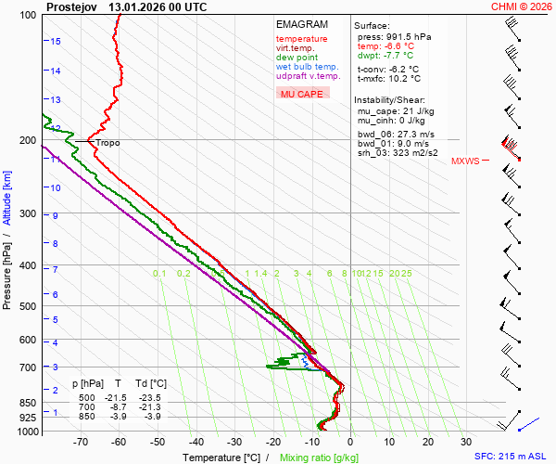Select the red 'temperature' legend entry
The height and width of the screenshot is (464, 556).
point(301,39)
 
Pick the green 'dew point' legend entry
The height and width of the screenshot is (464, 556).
point(297,58)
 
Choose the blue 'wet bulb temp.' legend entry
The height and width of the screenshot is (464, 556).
point(307,67)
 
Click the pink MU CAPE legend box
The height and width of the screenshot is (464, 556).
point(302,94)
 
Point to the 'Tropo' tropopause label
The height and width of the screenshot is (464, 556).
point(107,143)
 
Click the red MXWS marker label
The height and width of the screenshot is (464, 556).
point(465,161)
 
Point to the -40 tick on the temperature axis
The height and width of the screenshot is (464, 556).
point(196,442)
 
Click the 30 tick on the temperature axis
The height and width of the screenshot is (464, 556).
point(466,442)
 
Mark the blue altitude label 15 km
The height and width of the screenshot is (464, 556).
point(57,42)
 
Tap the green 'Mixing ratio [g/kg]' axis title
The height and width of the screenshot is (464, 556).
point(319,458)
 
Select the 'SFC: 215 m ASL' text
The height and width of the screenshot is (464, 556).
point(512,458)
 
